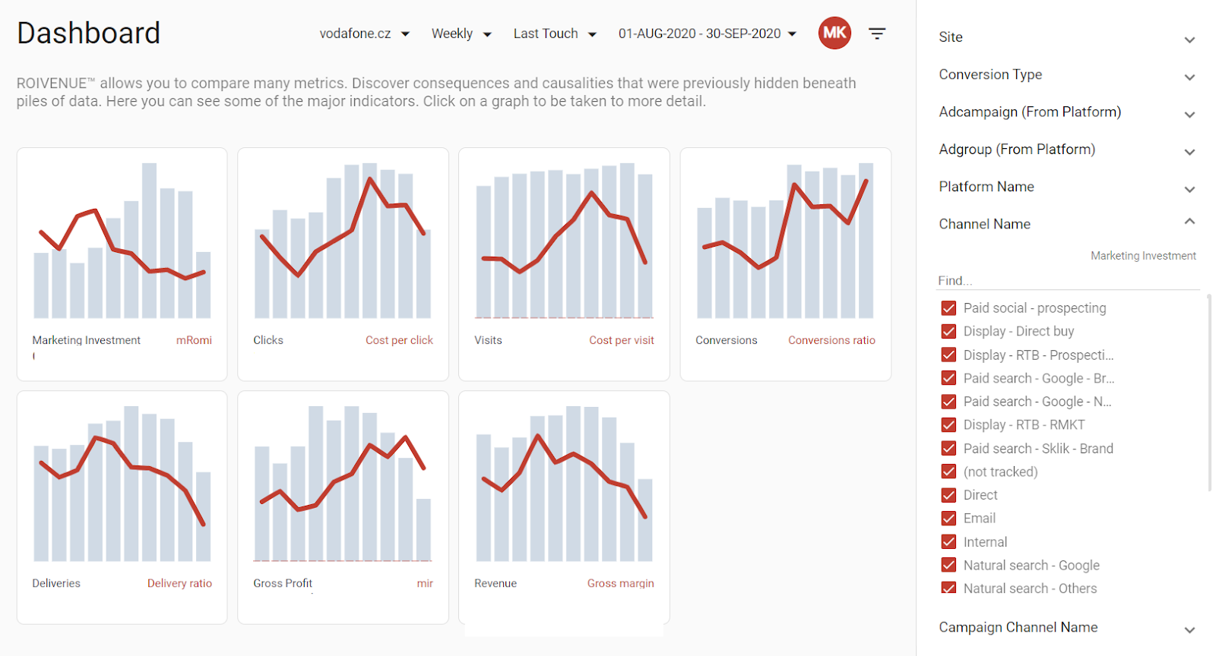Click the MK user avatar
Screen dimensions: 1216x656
834,33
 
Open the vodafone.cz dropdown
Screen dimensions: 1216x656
364,33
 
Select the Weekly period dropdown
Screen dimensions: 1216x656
461,33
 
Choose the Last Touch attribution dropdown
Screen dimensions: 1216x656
555,33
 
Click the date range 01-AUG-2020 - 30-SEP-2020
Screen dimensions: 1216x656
708,33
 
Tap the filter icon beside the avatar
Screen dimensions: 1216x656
877,33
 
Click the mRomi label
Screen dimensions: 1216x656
194,340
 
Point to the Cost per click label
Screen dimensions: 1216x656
399,340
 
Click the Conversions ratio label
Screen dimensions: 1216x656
831,340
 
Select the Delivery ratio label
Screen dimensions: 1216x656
179,583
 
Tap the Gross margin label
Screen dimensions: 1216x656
620,583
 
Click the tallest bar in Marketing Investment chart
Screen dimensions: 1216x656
149,240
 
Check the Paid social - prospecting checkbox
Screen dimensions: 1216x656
948,308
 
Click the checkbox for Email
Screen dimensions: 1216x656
948,519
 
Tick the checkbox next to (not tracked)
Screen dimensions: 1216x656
948,471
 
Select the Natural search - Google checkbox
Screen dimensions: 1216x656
948,565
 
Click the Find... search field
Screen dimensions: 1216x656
1067,281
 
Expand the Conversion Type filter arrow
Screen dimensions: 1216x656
1189,77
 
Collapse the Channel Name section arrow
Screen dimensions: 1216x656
1189,221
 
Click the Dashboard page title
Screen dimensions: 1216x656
88,33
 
